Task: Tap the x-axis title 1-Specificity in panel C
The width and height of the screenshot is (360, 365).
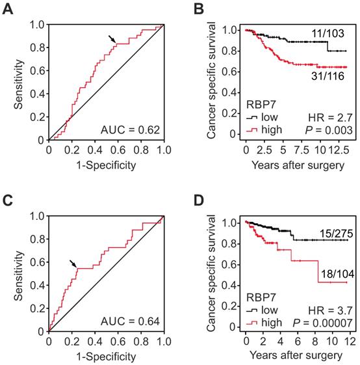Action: [x=106, y=357]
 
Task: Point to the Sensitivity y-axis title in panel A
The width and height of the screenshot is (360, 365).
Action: [x=8, y=82]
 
